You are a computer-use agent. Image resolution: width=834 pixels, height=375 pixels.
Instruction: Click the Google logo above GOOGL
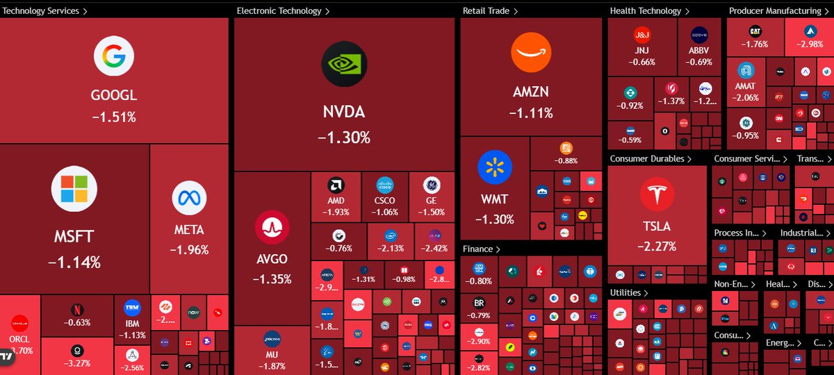tap(114, 56)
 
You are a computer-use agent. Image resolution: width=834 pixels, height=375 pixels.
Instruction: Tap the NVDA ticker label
tap(343, 112)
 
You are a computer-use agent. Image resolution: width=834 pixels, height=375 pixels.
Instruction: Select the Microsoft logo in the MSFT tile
tap(74, 189)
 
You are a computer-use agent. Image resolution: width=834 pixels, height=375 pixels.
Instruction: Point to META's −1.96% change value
tap(189, 250)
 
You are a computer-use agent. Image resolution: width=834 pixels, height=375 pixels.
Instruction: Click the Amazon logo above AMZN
tap(531, 53)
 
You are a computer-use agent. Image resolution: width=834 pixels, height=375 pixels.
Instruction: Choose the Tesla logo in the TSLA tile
tap(657, 194)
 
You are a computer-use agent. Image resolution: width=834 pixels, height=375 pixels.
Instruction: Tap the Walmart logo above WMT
tap(495, 167)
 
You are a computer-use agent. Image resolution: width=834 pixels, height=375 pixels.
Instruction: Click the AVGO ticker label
tap(272, 260)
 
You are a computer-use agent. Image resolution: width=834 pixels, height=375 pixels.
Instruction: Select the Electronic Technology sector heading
tap(279, 11)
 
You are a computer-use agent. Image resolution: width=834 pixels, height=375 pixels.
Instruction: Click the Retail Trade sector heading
tap(486, 11)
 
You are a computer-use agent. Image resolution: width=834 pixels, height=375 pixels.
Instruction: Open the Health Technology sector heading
tap(646, 11)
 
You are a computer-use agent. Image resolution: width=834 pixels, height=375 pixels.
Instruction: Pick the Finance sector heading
tap(477, 249)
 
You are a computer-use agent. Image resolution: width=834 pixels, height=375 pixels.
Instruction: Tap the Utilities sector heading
tap(625, 293)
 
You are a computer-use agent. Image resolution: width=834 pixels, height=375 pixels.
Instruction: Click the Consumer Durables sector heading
tap(647, 159)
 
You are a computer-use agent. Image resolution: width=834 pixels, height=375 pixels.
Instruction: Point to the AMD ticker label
tap(336, 201)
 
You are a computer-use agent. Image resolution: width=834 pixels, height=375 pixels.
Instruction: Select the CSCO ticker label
tap(385, 201)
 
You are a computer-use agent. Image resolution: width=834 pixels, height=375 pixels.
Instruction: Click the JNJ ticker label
tap(641, 51)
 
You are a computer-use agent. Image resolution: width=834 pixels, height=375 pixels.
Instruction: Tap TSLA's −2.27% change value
tap(657, 245)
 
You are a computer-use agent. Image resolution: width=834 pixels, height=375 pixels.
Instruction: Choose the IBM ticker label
tap(132, 324)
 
